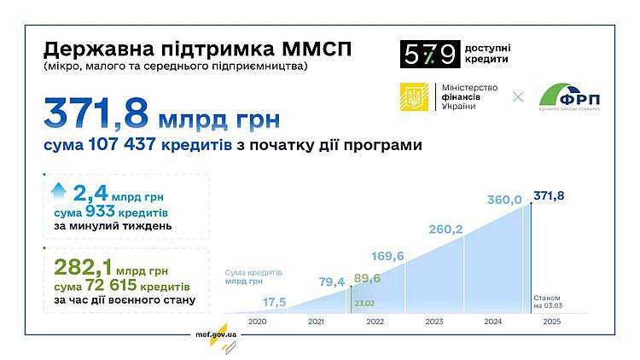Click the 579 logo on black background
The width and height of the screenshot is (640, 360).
point(430,54)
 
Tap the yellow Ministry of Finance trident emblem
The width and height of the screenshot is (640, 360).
point(414,96)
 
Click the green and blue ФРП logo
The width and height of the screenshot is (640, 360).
point(569,97)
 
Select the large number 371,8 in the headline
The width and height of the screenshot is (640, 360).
point(96,113)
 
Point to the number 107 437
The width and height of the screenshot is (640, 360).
point(122,144)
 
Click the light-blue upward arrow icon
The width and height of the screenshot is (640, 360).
point(59,190)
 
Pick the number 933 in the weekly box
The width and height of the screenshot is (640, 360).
point(100,212)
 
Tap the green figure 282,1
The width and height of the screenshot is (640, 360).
point(83,268)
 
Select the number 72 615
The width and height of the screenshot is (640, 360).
point(111,285)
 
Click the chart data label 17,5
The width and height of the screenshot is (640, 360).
point(274,303)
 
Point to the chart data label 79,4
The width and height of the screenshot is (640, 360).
point(331,282)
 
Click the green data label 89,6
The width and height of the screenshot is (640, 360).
point(367,278)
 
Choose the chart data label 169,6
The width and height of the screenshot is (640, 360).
point(387,256)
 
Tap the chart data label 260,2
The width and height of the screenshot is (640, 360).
point(445,229)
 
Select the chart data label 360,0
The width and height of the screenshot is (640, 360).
point(504,200)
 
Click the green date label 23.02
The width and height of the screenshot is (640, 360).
point(364,303)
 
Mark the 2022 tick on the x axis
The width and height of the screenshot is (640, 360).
point(375,322)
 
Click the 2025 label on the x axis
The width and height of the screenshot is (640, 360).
point(552,322)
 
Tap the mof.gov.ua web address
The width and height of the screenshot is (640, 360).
point(216,334)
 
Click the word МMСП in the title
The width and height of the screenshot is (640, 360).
point(317,49)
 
